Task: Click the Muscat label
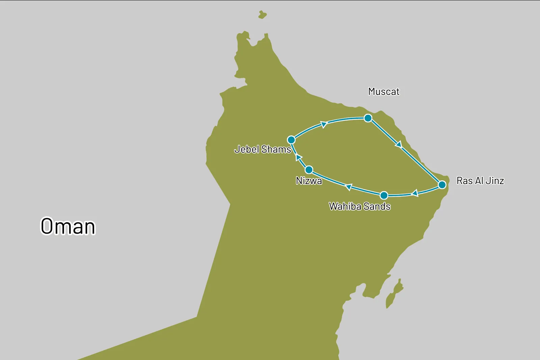384,92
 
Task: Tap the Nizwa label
309,181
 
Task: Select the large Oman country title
68,226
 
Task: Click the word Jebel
247,149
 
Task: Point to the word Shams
276,149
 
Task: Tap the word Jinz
495,181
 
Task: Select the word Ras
465,181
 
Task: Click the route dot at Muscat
368,118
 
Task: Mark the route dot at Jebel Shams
291,140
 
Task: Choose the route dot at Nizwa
309,170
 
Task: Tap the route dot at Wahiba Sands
384,195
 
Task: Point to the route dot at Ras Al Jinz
442,185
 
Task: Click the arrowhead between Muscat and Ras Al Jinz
399,145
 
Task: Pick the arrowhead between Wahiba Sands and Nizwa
349,187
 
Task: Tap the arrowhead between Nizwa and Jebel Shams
298,157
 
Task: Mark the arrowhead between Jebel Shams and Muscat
324,124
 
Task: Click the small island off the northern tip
262,15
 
